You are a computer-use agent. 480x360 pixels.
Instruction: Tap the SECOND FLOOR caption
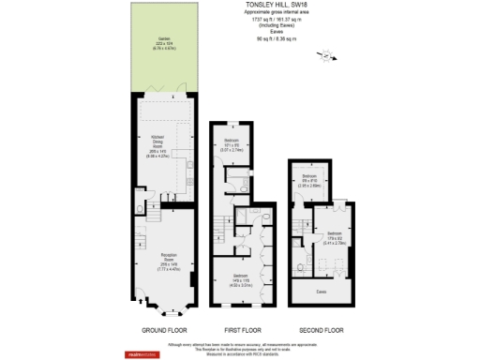322,331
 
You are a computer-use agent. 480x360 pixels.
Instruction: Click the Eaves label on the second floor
322,292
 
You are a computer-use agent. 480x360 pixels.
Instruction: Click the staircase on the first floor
221,226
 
